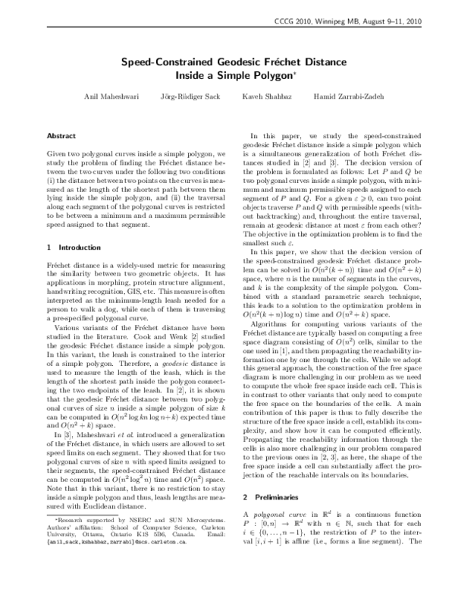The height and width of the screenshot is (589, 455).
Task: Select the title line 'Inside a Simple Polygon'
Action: (x=227, y=76)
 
